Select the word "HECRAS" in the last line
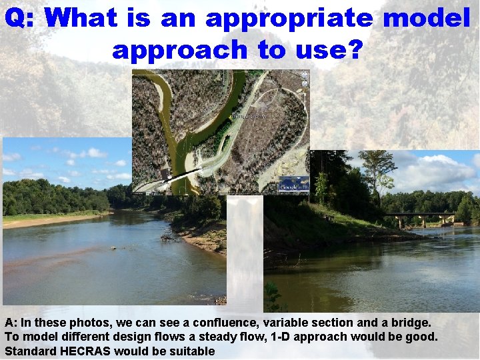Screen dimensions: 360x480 tap(85, 351)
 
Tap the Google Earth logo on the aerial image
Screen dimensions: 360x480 tap(293, 185)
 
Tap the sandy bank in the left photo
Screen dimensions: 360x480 tap(47, 220)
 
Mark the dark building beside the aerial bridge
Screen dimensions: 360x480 tap(163, 175)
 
